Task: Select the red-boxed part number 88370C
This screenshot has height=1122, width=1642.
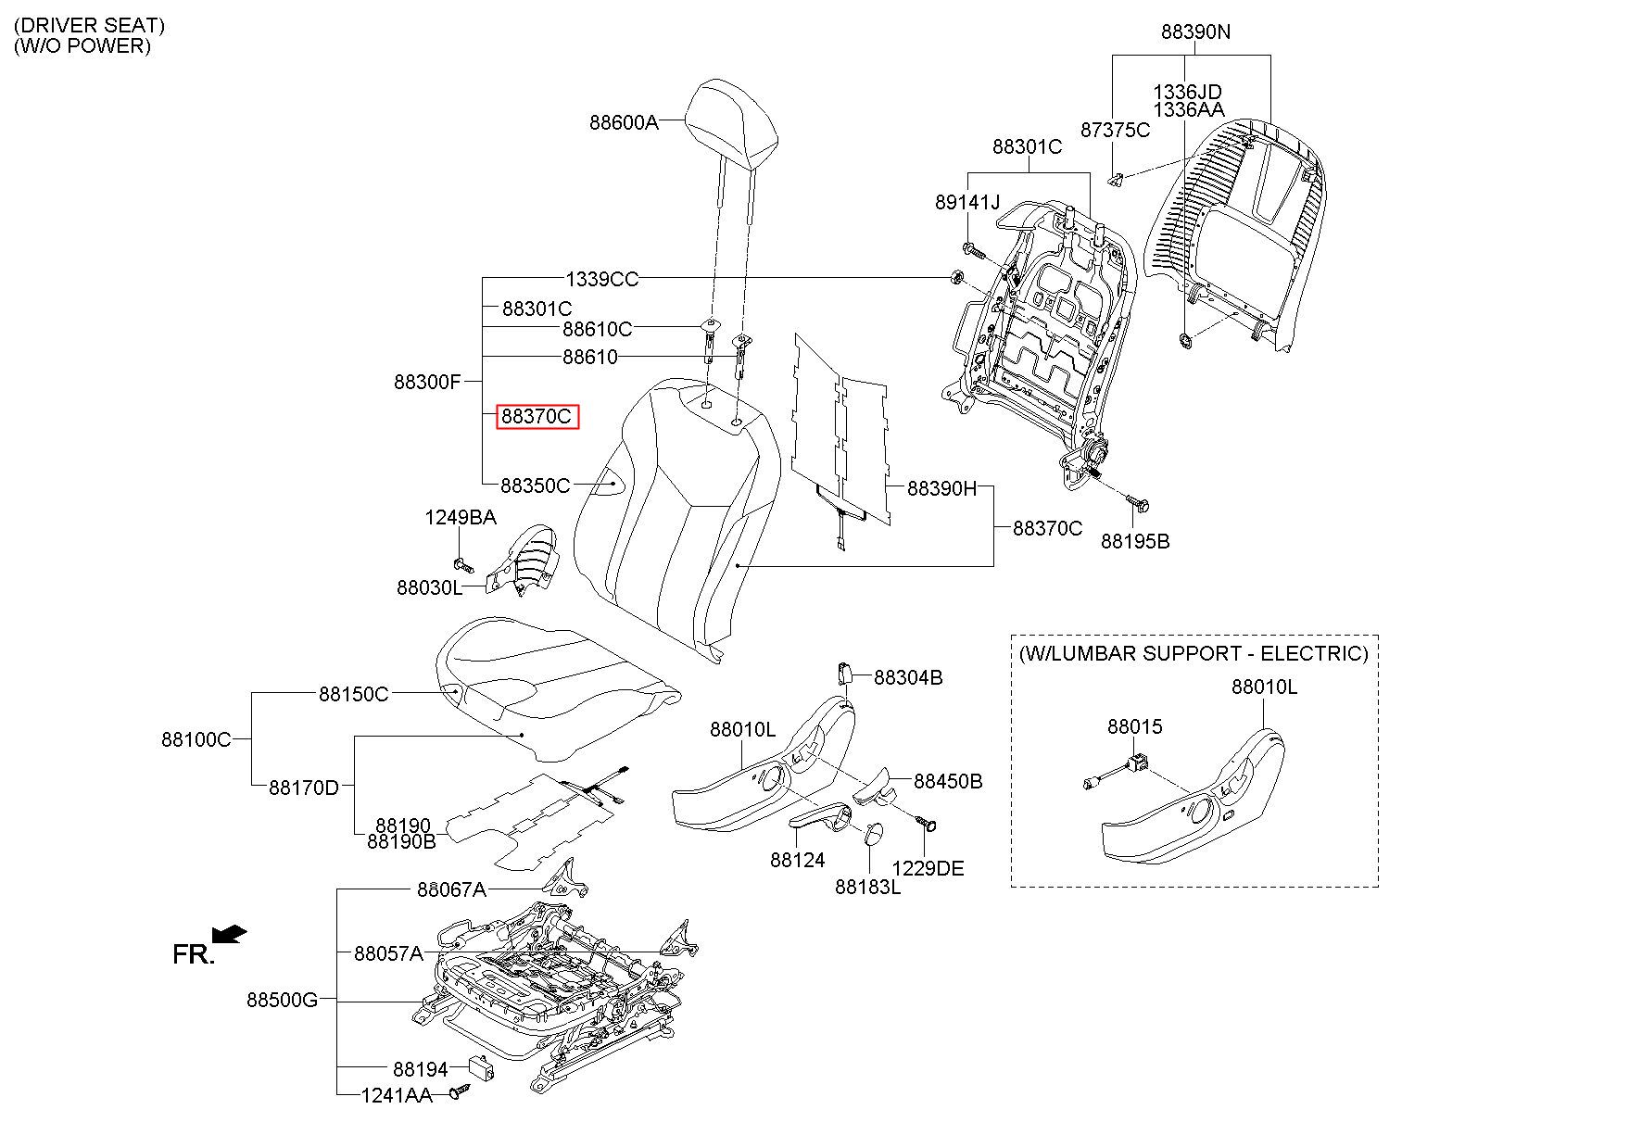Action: pos(537,417)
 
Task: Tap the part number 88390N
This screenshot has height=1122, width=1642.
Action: pos(1195,32)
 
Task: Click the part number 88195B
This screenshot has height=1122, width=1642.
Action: pos(1135,541)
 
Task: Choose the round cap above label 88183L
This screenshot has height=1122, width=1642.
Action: pos(875,833)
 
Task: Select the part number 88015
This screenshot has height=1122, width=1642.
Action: pos(1134,727)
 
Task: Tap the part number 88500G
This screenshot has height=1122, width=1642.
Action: pos(282,1000)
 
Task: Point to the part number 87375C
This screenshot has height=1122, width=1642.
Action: pos(1115,130)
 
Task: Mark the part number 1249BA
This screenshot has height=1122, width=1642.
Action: pos(461,517)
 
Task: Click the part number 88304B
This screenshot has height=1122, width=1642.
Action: pos(908,677)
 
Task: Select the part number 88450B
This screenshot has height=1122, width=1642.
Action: pos(948,781)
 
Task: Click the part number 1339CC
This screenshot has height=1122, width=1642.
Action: pos(602,279)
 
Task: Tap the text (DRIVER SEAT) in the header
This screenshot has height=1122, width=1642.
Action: pos(89,25)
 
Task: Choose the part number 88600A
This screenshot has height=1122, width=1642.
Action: pos(624,121)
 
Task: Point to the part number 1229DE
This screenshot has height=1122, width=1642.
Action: pos(928,868)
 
